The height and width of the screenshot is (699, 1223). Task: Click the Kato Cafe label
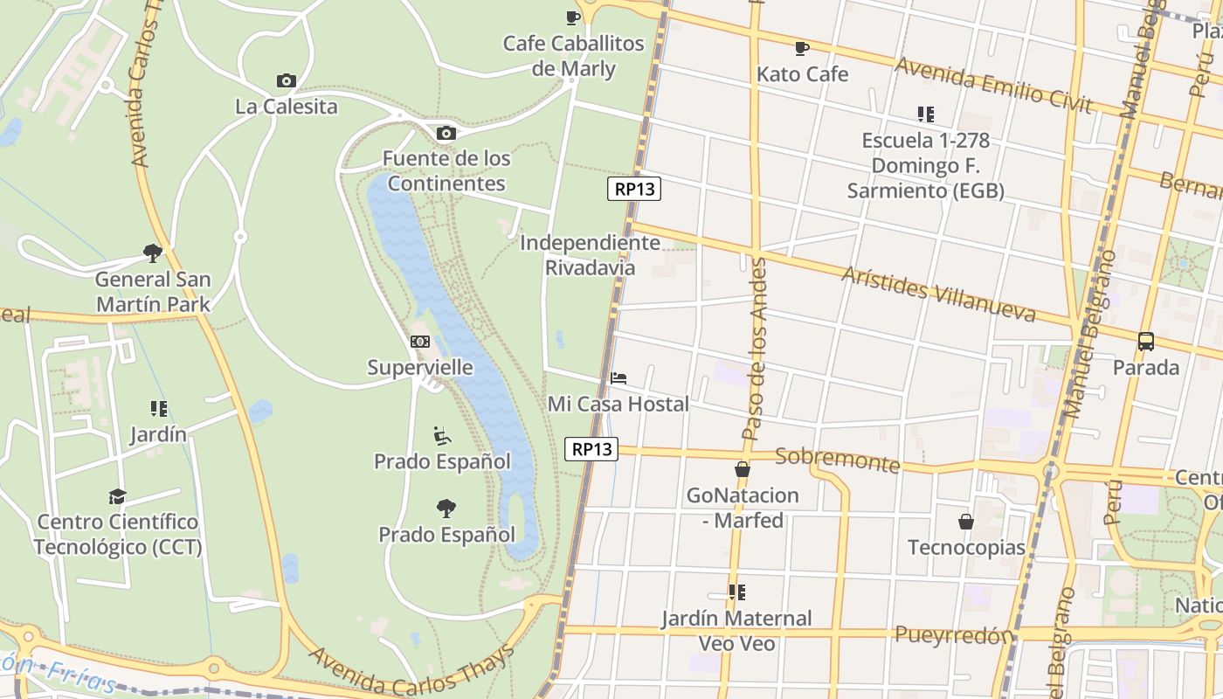802,74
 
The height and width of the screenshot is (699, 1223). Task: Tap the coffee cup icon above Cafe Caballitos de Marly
573,17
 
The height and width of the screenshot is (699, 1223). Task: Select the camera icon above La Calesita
286,81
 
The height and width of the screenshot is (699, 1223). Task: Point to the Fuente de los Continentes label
446,171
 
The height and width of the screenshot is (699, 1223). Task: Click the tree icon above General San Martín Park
153,253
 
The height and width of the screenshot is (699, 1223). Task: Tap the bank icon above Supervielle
420,342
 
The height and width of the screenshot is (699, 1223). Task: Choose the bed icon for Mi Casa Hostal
618,378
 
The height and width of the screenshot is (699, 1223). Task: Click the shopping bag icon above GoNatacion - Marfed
743,470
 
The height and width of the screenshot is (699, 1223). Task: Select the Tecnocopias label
966,548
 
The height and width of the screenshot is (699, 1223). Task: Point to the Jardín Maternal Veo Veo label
736,631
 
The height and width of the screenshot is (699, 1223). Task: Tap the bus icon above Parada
1146,342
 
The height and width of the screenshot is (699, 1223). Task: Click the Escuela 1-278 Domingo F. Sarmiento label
925,165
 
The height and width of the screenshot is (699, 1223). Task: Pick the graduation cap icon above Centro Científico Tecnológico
117,496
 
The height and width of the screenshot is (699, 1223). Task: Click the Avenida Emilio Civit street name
993,85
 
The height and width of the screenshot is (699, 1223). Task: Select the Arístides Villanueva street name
938,294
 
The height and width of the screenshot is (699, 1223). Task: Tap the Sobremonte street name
837,460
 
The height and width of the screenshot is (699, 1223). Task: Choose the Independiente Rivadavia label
591,255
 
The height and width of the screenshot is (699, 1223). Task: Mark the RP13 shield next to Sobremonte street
591,449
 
